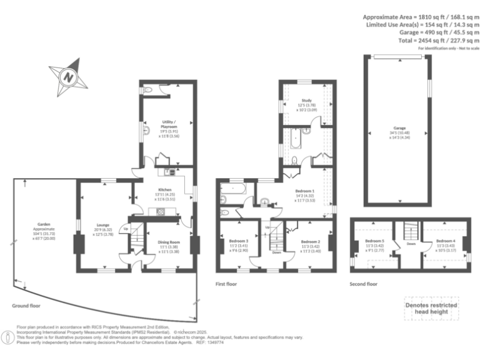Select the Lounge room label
coord(102,227)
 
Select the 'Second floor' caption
coord(364,284)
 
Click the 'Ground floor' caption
coord(26,306)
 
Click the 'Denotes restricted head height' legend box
coord(431,307)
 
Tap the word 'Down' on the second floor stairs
coord(411,244)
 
